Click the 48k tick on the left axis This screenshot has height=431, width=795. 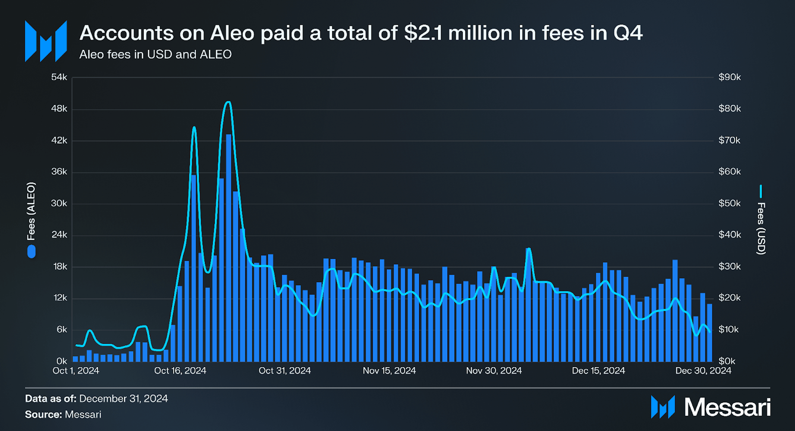59,109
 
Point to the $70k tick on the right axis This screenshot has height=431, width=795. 729,140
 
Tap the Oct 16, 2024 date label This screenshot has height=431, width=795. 180,371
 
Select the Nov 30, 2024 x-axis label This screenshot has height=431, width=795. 494,371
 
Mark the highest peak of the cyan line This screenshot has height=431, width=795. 229,102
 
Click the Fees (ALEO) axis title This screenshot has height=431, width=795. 31,211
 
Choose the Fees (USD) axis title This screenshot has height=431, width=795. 761,228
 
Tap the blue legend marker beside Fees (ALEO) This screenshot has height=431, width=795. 32,251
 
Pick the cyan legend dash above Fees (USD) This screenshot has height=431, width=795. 761,191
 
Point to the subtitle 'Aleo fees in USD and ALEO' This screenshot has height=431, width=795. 155,55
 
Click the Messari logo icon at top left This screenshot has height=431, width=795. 46,41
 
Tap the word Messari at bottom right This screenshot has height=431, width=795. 727,407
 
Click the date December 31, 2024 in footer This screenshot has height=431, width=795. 123,398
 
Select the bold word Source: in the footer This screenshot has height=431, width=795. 43,414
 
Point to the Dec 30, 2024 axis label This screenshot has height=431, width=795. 703,371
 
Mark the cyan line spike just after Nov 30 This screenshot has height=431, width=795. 529,249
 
